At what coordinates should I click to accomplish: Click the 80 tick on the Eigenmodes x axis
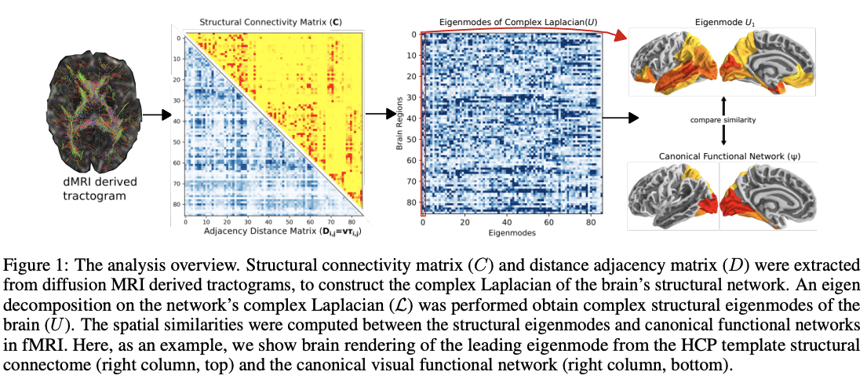click(x=588, y=223)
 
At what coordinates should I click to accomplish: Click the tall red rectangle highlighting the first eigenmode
click(x=424, y=123)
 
